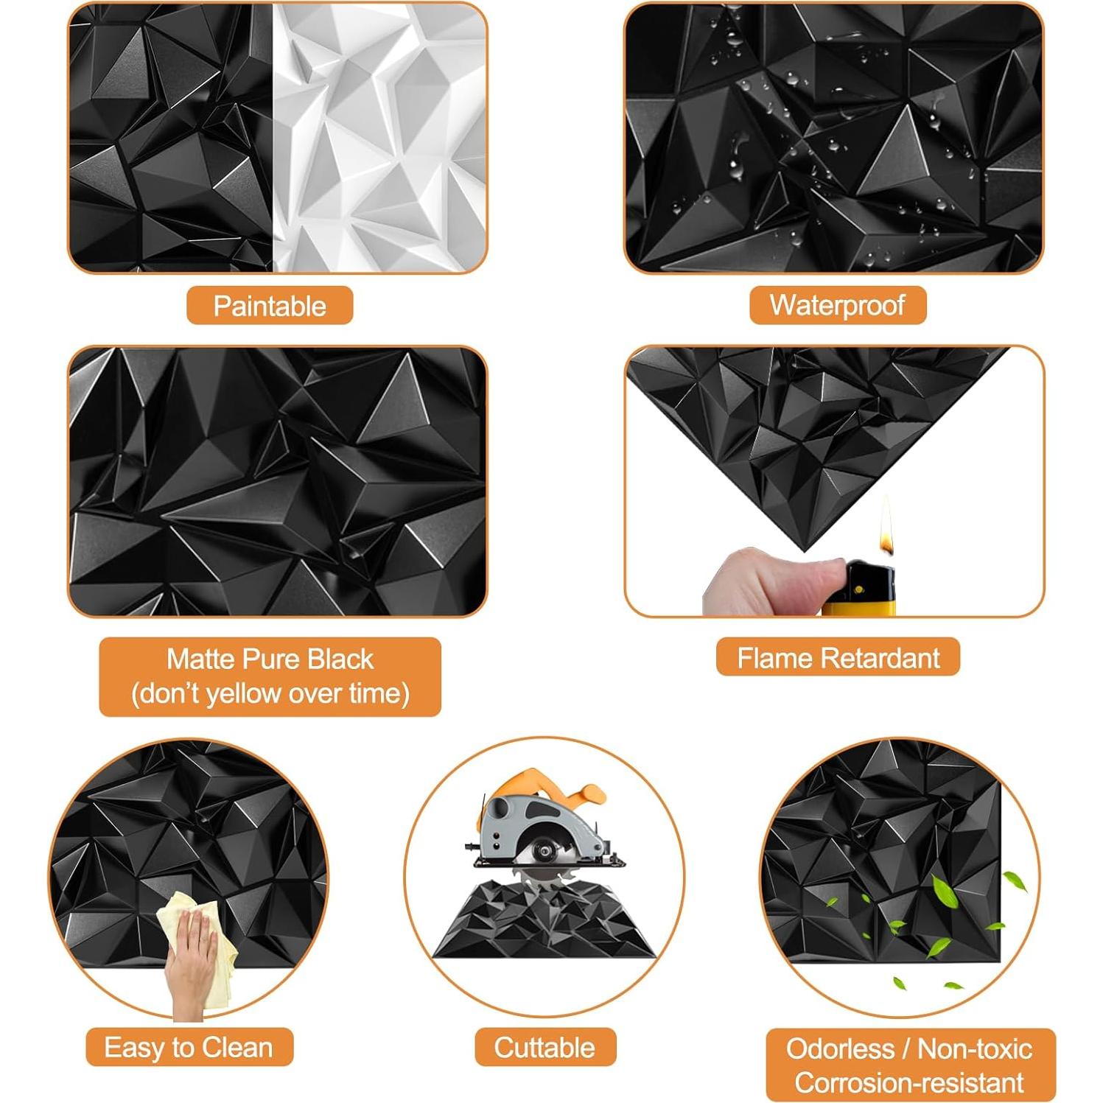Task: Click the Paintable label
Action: coord(270,306)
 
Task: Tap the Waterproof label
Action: coord(837,305)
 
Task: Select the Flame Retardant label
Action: coord(838,657)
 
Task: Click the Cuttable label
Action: coord(545,1047)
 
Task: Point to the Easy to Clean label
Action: coord(189,1047)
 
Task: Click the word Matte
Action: coord(195,659)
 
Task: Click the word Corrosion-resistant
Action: coord(909,1082)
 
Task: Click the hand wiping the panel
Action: coord(192,958)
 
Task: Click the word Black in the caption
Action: coord(340,659)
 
